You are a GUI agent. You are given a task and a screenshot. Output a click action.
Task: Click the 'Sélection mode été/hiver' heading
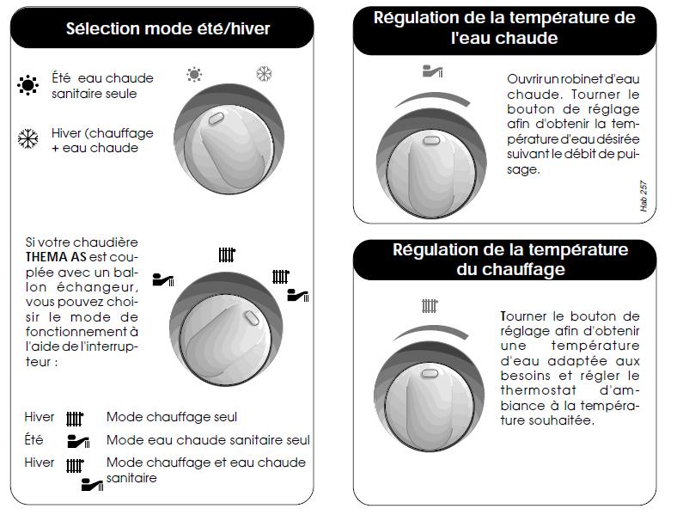pyautogui.click(x=168, y=28)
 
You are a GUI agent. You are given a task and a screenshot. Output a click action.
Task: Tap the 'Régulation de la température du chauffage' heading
pyautogui.click(x=510, y=260)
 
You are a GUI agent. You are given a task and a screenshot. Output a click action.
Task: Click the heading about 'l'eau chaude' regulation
pyautogui.click(x=504, y=28)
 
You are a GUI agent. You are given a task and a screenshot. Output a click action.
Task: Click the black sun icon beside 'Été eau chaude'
pyautogui.click(x=27, y=85)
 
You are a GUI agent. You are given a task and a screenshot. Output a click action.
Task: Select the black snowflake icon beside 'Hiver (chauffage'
pyautogui.click(x=27, y=138)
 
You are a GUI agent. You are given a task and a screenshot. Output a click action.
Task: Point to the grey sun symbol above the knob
pyautogui.click(x=194, y=75)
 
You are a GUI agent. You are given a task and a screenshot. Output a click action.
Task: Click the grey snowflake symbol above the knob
pyautogui.click(x=264, y=74)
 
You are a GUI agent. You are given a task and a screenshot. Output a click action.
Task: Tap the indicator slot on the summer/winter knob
pyautogui.click(x=216, y=119)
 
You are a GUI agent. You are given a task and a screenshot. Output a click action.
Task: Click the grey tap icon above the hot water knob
pyautogui.click(x=432, y=70)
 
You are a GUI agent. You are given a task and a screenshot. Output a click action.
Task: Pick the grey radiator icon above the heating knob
pyautogui.click(x=430, y=305)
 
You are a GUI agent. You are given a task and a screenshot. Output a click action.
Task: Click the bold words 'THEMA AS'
pyautogui.click(x=56, y=257)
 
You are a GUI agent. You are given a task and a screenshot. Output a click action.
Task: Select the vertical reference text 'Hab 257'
pyautogui.click(x=643, y=196)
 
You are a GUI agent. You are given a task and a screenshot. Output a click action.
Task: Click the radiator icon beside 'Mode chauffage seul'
pyautogui.click(x=75, y=419)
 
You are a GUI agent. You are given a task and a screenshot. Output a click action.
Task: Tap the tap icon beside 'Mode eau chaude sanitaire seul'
pyautogui.click(x=78, y=442)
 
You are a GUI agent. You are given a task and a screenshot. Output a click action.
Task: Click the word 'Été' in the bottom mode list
pyautogui.click(x=34, y=439)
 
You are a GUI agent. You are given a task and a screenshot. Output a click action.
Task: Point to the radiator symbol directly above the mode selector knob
pyautogui.click(x=227, y=254)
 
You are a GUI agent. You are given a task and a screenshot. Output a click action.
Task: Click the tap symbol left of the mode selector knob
pyautogui.click(x=163, y=279)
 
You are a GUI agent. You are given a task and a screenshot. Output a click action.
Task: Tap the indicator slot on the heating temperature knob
pyautogui.click(x=430, y=373)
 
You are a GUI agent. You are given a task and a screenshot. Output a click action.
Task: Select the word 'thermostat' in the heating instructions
pyautogui.click(x=539, y=389)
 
